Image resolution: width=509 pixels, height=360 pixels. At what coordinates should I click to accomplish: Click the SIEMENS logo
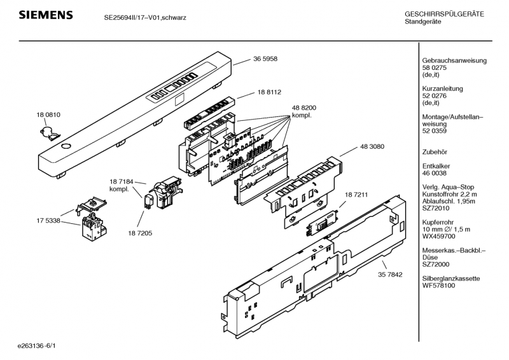[46, 15]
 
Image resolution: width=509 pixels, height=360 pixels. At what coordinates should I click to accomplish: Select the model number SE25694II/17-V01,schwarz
[145, 18]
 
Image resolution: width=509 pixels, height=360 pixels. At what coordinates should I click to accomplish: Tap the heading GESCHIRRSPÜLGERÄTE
[444, 14]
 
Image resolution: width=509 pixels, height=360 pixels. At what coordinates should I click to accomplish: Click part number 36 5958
[265, 59]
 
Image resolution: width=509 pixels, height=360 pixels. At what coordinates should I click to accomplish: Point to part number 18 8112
[269, 92]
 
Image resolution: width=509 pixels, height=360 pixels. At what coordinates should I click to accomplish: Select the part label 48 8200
[304, 107]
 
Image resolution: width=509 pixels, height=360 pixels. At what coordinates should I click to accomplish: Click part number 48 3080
[372, 147]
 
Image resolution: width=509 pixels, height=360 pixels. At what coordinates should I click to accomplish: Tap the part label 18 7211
[356, 195]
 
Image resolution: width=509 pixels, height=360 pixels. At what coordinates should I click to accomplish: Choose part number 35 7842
[390, 275]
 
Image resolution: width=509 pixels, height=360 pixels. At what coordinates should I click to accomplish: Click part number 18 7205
[140, 233]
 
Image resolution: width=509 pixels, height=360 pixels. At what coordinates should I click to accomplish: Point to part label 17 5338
[48, 221]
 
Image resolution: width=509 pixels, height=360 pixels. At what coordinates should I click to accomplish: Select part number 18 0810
[48, 114]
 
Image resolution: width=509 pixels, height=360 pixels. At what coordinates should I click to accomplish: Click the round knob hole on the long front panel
[66, 146]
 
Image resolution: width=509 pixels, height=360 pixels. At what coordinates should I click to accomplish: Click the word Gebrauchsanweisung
[454, 60]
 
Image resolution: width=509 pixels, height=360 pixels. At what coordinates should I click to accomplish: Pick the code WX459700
[438, 237]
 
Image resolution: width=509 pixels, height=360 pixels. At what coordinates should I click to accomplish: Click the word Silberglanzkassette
[451, 279]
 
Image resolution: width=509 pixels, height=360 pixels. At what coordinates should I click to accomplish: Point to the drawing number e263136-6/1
[37, 346]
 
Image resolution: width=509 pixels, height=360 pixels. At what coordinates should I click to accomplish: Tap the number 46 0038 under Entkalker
[435, 173]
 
